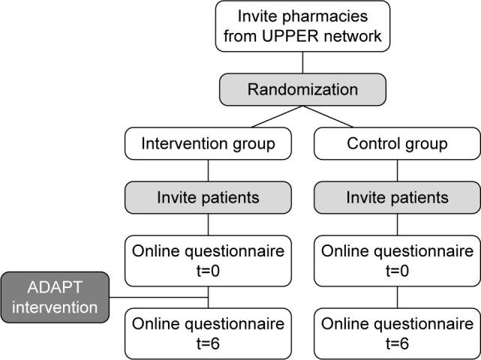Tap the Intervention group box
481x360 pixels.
point(207,144)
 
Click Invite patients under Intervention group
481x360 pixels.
point(207,198)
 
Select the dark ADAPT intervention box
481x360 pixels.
point(55,296)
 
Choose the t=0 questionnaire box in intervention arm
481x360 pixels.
point(207,261)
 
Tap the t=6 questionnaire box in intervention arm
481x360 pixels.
point(207,332)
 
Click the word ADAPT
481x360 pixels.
point(55,287)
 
